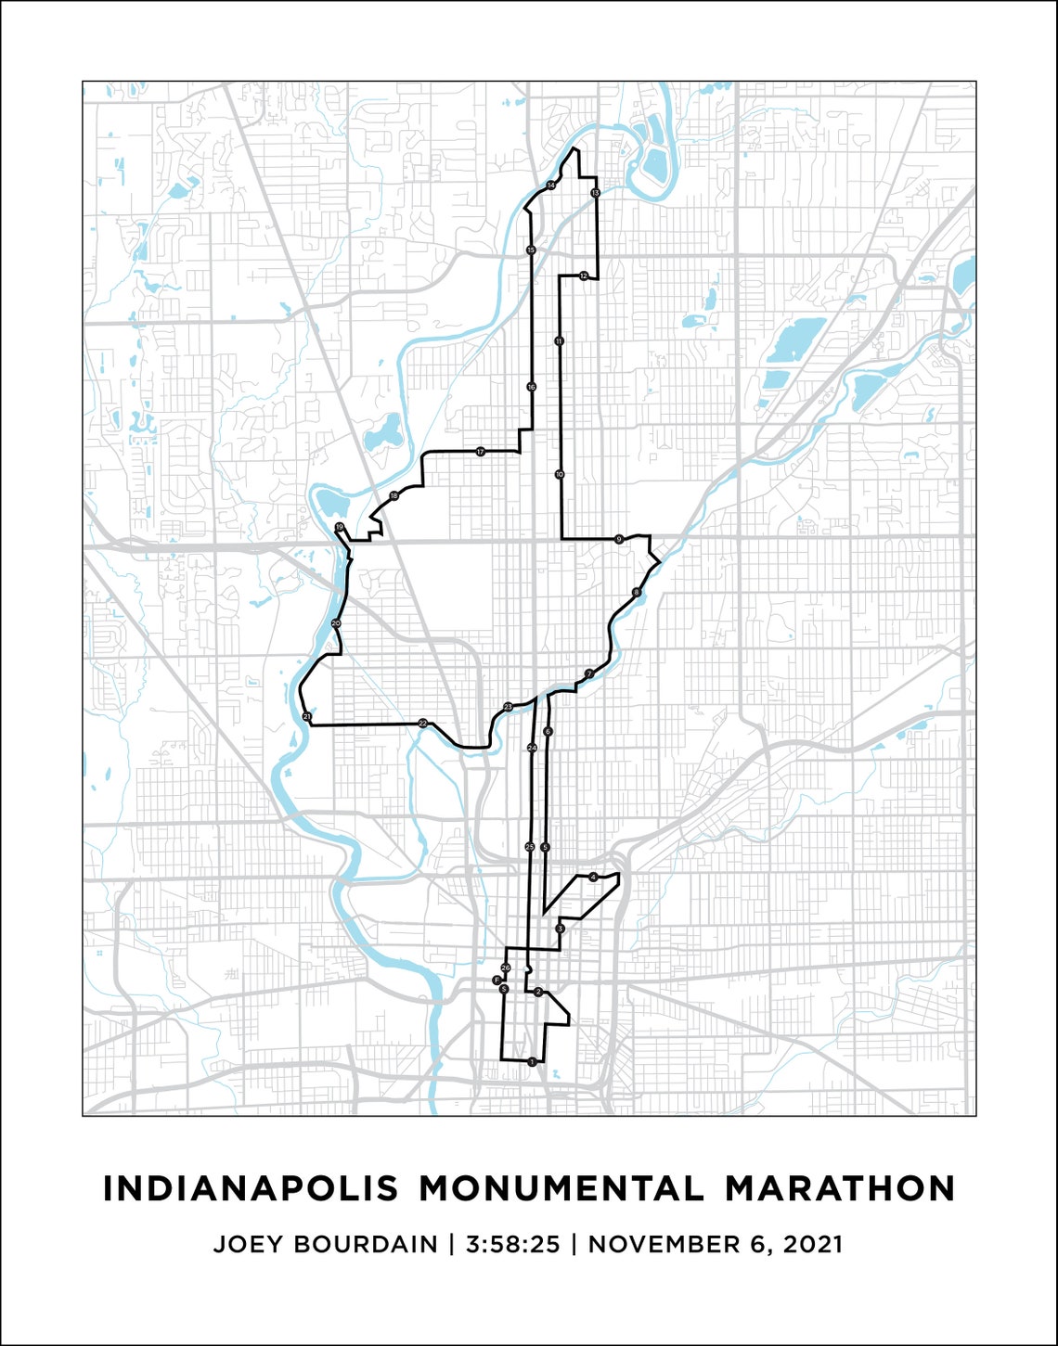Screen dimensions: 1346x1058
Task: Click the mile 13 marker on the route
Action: pos(595,192)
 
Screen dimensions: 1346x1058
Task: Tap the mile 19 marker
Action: pos(340,527)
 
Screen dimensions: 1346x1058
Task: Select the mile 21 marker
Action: pos(306,716)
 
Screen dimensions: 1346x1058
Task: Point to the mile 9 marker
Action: pos(618,539)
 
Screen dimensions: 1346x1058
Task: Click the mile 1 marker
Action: pos(531,1061)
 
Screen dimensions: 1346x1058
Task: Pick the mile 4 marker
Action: pos(593,877)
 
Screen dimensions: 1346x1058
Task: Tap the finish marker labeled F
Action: pos(497,980)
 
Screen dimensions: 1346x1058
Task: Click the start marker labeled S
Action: pos(504,990)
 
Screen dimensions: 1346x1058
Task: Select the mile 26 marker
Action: pos(506,968)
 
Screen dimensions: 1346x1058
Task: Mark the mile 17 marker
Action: pos(480,452)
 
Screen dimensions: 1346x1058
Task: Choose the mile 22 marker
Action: pos(422,723)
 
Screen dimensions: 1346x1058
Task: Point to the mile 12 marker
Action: pos(583,276)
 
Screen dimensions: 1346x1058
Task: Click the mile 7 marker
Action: pos(588,673)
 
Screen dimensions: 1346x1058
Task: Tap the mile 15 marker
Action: pos(531,250)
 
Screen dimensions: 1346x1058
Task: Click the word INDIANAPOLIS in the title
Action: pos(250,1188)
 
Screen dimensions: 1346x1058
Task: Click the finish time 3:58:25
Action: pos(513,1244)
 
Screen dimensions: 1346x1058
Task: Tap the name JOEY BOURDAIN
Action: pos(325,1244)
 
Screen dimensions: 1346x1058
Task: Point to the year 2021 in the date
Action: pos(813,1244)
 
